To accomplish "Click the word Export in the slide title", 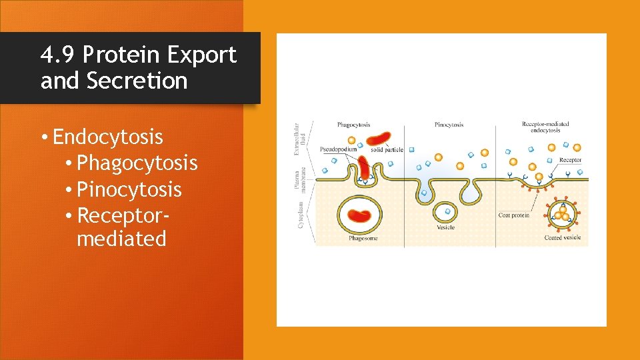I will pyautogui.click(x=201, y=55).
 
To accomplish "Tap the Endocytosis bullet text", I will pyautogui.click(x=107, y=137).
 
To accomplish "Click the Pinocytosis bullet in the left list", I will pyautogui.click(x=129, y=190).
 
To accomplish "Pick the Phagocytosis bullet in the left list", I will pyautogui.click(x=137, y=163).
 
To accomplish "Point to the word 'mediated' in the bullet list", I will pyautogui.click(x=121, y=239).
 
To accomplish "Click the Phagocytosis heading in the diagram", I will pyautogui.click(x=354, y=125).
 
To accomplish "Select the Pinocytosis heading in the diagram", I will pyautogui.click(x=449, y=125).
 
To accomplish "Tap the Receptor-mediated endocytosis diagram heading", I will pyautogui.click(x=545, y=127).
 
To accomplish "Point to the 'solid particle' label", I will pyautogui.click(x=387, y=150).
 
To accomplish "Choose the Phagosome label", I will pyautogui.click(x=364, y=238).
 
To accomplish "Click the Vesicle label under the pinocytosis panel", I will pyautogui.click(x=445, y=227).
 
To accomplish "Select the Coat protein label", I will pyautogui.click(x=514, y=215).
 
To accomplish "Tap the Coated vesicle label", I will pyautogui.click(x=563, y=238).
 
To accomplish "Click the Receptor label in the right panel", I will pyautogui.click(x=570, y=160).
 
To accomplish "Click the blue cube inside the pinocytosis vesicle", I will pyautogui.click(x=446, y=212).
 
